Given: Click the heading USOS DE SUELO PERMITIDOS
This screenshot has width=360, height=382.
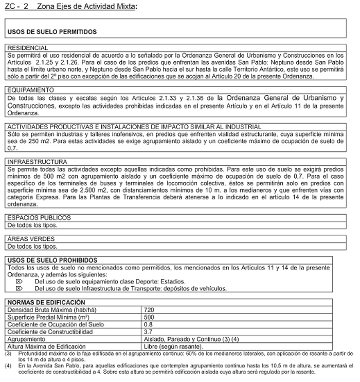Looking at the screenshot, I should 52,31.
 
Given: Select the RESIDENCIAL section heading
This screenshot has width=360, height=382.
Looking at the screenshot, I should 27,48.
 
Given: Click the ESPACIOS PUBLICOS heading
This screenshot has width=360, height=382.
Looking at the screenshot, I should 39,218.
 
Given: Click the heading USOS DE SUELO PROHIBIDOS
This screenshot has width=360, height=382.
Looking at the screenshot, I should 53,260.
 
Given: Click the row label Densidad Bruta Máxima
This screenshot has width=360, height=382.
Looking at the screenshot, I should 46,309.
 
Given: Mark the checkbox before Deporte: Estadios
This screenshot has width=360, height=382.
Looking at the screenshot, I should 20,282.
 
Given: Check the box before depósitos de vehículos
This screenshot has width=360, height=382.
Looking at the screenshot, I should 20,288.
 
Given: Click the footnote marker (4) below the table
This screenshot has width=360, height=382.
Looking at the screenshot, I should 8,365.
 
